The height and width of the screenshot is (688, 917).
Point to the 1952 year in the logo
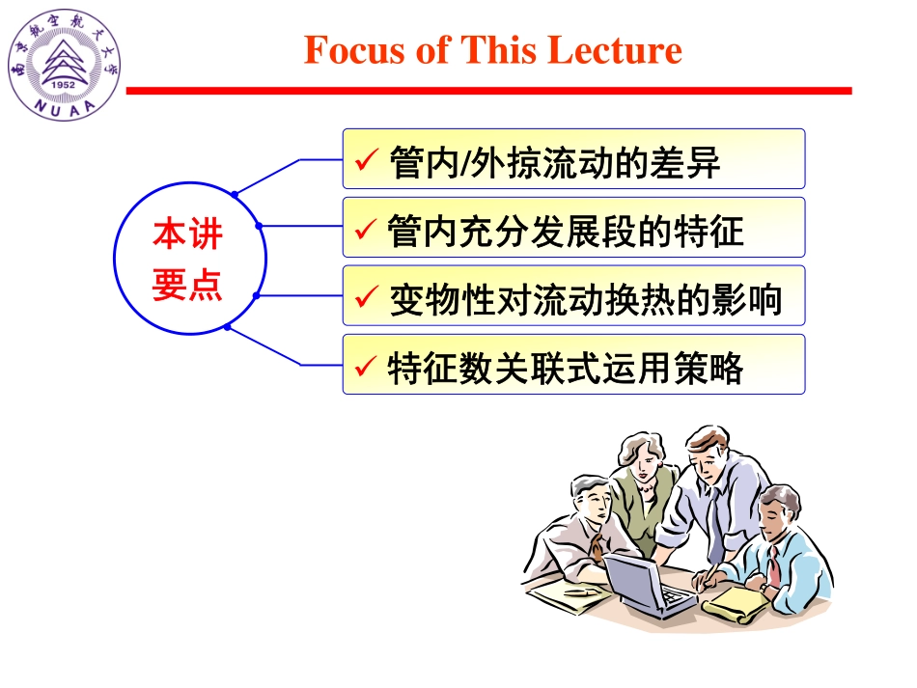[x=64, y=83]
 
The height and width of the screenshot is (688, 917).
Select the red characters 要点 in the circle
[x=187, y=285]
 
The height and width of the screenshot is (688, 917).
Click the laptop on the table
[x=645, y=585]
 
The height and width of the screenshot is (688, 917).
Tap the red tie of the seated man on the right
[x=773, y=565]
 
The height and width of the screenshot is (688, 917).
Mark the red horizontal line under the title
[x=488, y=91]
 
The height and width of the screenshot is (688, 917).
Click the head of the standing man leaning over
[x=708, y=454]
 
